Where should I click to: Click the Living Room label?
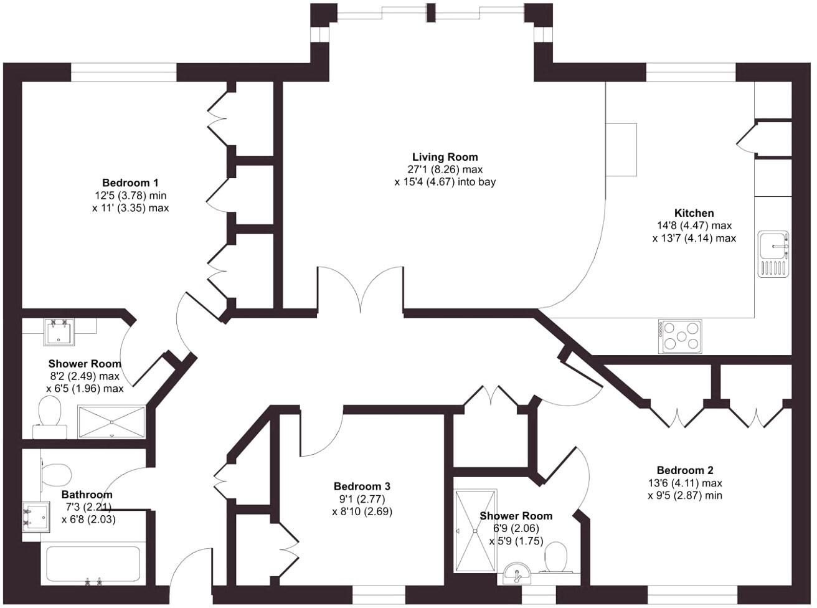pyautogui.click(x=445, y=157)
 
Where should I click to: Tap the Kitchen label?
pyautogui.click(x=694, y=213)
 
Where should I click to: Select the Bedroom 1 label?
pyautogui.click(x=130, y=183)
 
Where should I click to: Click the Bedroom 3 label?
pyautogui.click(x=362, y=487)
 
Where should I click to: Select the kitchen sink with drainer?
pyautogui.click(x=773, y=254)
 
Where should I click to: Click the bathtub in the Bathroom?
pyautogui.click(x=93, y=565)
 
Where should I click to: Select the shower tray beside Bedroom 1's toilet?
pyautogui.click(x=111, y=421)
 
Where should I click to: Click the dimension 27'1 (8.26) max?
pyautogui.click(x=445, y=169)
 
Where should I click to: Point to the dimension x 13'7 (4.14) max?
pyautogui.click(x=694, y=238)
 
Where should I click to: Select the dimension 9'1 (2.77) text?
pyautogui.click(x=362, y=499)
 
